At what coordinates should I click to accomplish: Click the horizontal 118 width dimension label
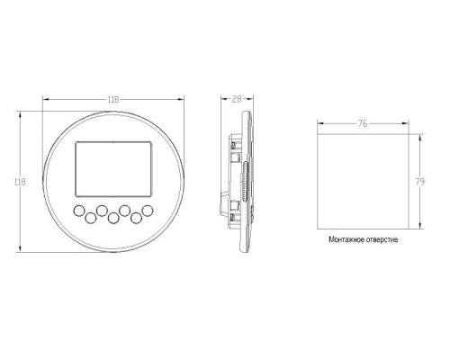[113, 99]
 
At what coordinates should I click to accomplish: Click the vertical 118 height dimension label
[20, 182]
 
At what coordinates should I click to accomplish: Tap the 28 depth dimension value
[237, 99]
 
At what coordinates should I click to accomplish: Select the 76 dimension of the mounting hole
[363, 123]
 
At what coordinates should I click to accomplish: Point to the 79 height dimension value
[420, 182]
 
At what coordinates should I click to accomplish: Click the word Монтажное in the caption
[346, 239]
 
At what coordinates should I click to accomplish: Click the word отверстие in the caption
[382, 239]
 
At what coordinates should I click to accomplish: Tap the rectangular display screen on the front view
[113, 169]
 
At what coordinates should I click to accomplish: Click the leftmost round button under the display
[79, 211]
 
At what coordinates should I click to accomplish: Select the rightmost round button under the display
[148, 211]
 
